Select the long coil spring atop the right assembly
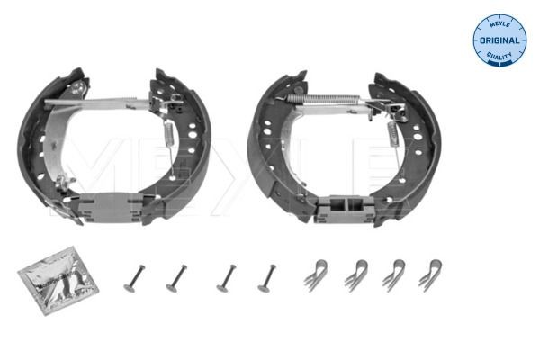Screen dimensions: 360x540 (x=325, y=103)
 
